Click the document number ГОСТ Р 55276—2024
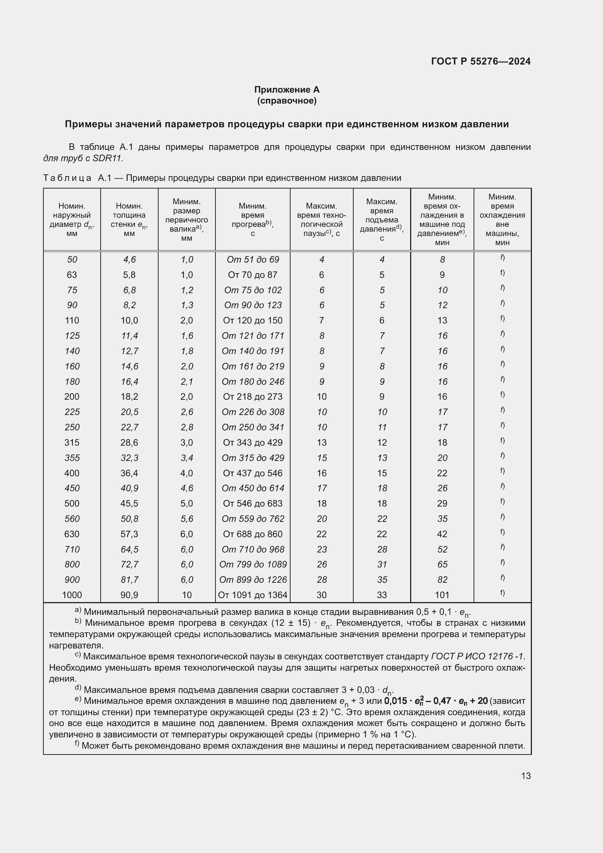(481, 61)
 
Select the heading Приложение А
(287, 90)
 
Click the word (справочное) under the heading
(287, 101)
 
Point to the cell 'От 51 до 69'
(253, 259)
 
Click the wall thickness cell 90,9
(129, 595)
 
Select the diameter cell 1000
(72, 595)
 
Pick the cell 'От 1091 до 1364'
(253, 595)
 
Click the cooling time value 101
(442, 595)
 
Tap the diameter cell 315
(72, 442)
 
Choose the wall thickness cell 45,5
(129, 503)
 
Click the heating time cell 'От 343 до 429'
(253, 442)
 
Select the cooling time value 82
(442, 579)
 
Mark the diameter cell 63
(72, 275)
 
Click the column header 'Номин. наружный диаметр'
(72, 220)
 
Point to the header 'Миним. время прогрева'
(253, 220)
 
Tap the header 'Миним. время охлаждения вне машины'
(502, 220)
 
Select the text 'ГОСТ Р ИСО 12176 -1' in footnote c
(478, 656)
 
